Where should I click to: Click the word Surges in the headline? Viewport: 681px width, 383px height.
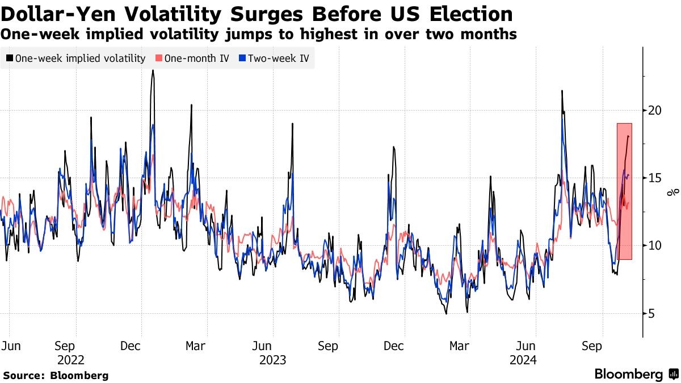[x=253, y=14]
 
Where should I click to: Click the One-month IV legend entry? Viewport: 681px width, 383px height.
[x=192, y=58]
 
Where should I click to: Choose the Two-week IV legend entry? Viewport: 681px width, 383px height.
[x=278, y=58]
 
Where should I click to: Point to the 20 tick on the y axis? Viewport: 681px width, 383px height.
[x=655, y=110]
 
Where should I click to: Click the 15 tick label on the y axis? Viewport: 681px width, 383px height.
[x=655, y=178]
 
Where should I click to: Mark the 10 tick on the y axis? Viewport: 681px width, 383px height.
[x=655, y=246]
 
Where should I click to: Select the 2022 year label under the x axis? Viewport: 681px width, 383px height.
[x=70, y=360]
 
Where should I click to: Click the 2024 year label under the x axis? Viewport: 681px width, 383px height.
[x=524, y=360]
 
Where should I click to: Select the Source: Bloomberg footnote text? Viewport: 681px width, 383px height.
[x=56, y=376]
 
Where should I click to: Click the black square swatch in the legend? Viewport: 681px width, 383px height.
[x=10, y=58]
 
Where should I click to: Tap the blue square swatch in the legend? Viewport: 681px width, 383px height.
[x=242, y=58]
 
